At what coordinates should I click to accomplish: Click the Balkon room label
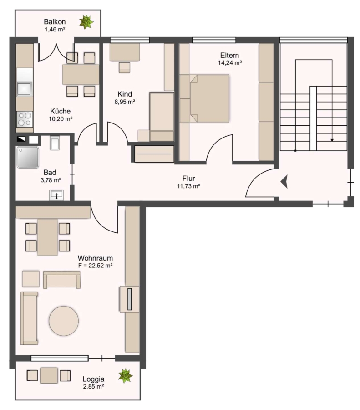tap(55, 21)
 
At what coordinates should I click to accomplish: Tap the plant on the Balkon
tap(86, 22)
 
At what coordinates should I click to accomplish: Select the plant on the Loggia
tap(126, 376)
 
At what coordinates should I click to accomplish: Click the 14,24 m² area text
tap(230, 63)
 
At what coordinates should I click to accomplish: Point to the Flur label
tap(188, 178)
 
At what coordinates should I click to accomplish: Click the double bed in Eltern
tap(204, 98)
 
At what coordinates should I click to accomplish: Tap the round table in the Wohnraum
tap(64, 321)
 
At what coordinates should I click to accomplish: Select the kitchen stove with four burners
tap(25, 119)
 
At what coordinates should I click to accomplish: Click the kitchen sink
tap(25, 88)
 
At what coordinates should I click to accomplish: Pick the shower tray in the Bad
tap(28, 157)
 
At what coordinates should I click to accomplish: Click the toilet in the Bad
tap(54, 143)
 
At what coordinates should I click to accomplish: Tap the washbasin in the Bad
tap(56, 195)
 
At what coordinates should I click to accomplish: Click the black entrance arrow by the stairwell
tap(284, 181)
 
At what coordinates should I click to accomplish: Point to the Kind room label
tap(125, 94)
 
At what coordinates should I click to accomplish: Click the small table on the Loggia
tap(49, 375)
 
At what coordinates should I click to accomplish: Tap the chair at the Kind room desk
tap(124, 67)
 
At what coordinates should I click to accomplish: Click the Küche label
tap(61, 111)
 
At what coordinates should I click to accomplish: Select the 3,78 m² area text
tap(51, 180)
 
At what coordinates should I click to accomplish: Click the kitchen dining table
tap(81, 75)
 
